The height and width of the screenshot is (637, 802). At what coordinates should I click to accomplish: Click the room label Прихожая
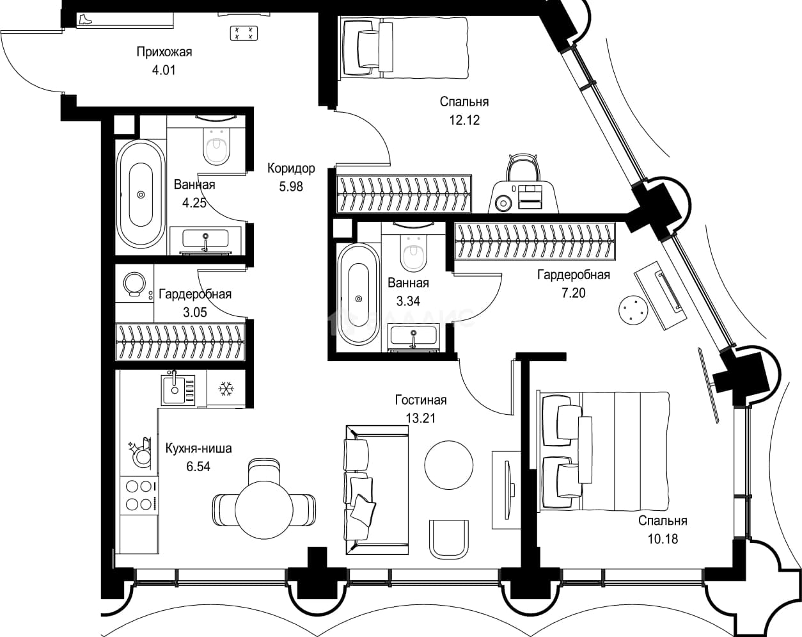tap(164, 52)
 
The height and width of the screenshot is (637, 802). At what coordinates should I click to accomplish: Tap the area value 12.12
tap(464, 120)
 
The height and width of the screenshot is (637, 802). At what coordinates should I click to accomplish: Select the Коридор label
tap(291, 168)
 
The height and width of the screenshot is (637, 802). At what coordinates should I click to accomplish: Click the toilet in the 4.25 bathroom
tap(216, 147)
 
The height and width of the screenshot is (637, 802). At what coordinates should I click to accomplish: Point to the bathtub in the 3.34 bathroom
tap(359, 294)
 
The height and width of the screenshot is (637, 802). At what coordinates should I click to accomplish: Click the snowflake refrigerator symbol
tap(226, 389)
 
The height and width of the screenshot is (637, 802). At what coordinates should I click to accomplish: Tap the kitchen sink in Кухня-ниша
tap(178, 390)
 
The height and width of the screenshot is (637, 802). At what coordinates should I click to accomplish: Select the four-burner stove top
tap(139, 496)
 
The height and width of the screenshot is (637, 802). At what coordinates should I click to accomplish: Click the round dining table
tap(264, 510)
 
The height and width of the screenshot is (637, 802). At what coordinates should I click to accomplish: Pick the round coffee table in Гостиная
tap(449, 465)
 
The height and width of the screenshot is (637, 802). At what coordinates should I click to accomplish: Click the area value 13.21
tap(421, 418)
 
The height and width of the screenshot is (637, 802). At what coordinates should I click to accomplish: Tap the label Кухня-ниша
tap(198, 448)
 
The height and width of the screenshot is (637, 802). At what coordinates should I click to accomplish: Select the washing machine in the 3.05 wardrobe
tap(134, 284)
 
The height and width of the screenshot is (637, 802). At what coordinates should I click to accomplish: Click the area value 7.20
tap(574, 293)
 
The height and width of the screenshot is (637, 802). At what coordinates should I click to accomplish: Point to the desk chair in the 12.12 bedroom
tap(523, 168)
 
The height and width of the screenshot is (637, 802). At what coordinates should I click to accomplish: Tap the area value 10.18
tap(663, 539)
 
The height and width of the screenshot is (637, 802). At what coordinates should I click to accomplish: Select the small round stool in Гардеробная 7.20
tap(631, 310)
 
